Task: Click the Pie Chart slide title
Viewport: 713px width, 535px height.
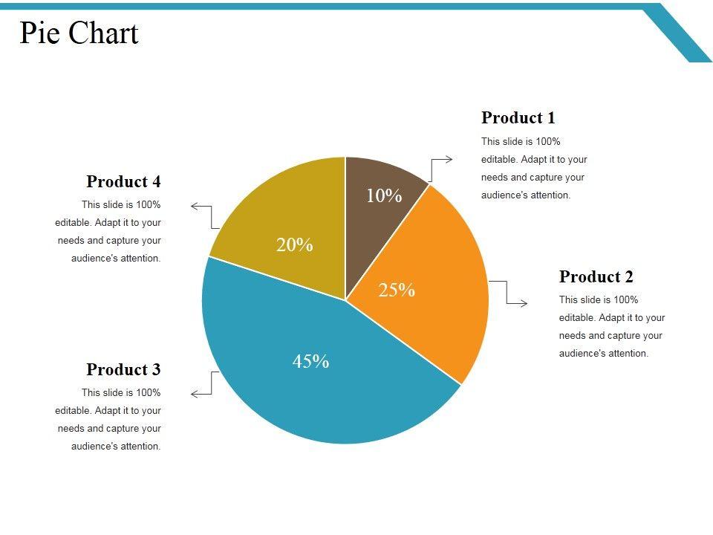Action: [79, 33]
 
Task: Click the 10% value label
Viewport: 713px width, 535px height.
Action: [384, 195]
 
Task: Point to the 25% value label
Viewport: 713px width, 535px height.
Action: [397, 291]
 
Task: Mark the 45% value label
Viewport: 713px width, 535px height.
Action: [310, 362]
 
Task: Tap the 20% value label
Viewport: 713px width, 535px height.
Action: [294, 244]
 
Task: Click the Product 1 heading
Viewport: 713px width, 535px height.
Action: [518, 117]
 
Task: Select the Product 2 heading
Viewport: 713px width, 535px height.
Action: [596, 277]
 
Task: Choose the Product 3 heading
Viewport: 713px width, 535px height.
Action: [123, 369]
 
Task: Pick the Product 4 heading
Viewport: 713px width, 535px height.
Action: [123, 181]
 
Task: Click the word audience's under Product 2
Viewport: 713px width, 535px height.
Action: [583, 354]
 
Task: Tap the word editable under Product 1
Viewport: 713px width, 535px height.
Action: [499, 160]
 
